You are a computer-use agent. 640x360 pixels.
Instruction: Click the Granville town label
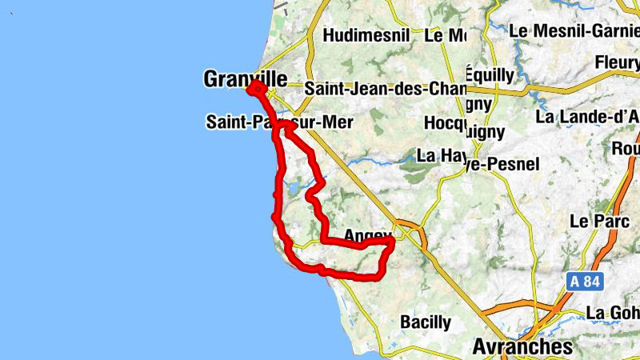coord(246,78)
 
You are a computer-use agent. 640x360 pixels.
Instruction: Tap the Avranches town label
coord(522,346)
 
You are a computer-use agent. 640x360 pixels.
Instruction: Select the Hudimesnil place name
coord(366,35)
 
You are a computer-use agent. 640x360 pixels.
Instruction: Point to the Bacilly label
coord(425,322)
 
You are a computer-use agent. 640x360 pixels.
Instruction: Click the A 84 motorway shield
coord(583,282)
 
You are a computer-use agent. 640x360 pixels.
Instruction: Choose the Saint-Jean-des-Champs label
coord(385,87)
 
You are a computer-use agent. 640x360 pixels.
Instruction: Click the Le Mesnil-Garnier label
coord(574,30)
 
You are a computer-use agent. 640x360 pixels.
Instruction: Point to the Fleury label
coord(617,62)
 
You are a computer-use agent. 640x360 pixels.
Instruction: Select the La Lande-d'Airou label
coord(587,117)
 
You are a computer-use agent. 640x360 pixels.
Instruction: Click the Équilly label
coord(489,75)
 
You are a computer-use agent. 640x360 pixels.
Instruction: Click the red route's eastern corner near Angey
coord(391,240)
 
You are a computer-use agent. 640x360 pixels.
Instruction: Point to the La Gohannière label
coord(613,311)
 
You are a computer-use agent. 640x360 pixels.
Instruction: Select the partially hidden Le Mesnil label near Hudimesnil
coord(446,35)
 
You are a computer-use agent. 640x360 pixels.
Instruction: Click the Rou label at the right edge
coord(624,148)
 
